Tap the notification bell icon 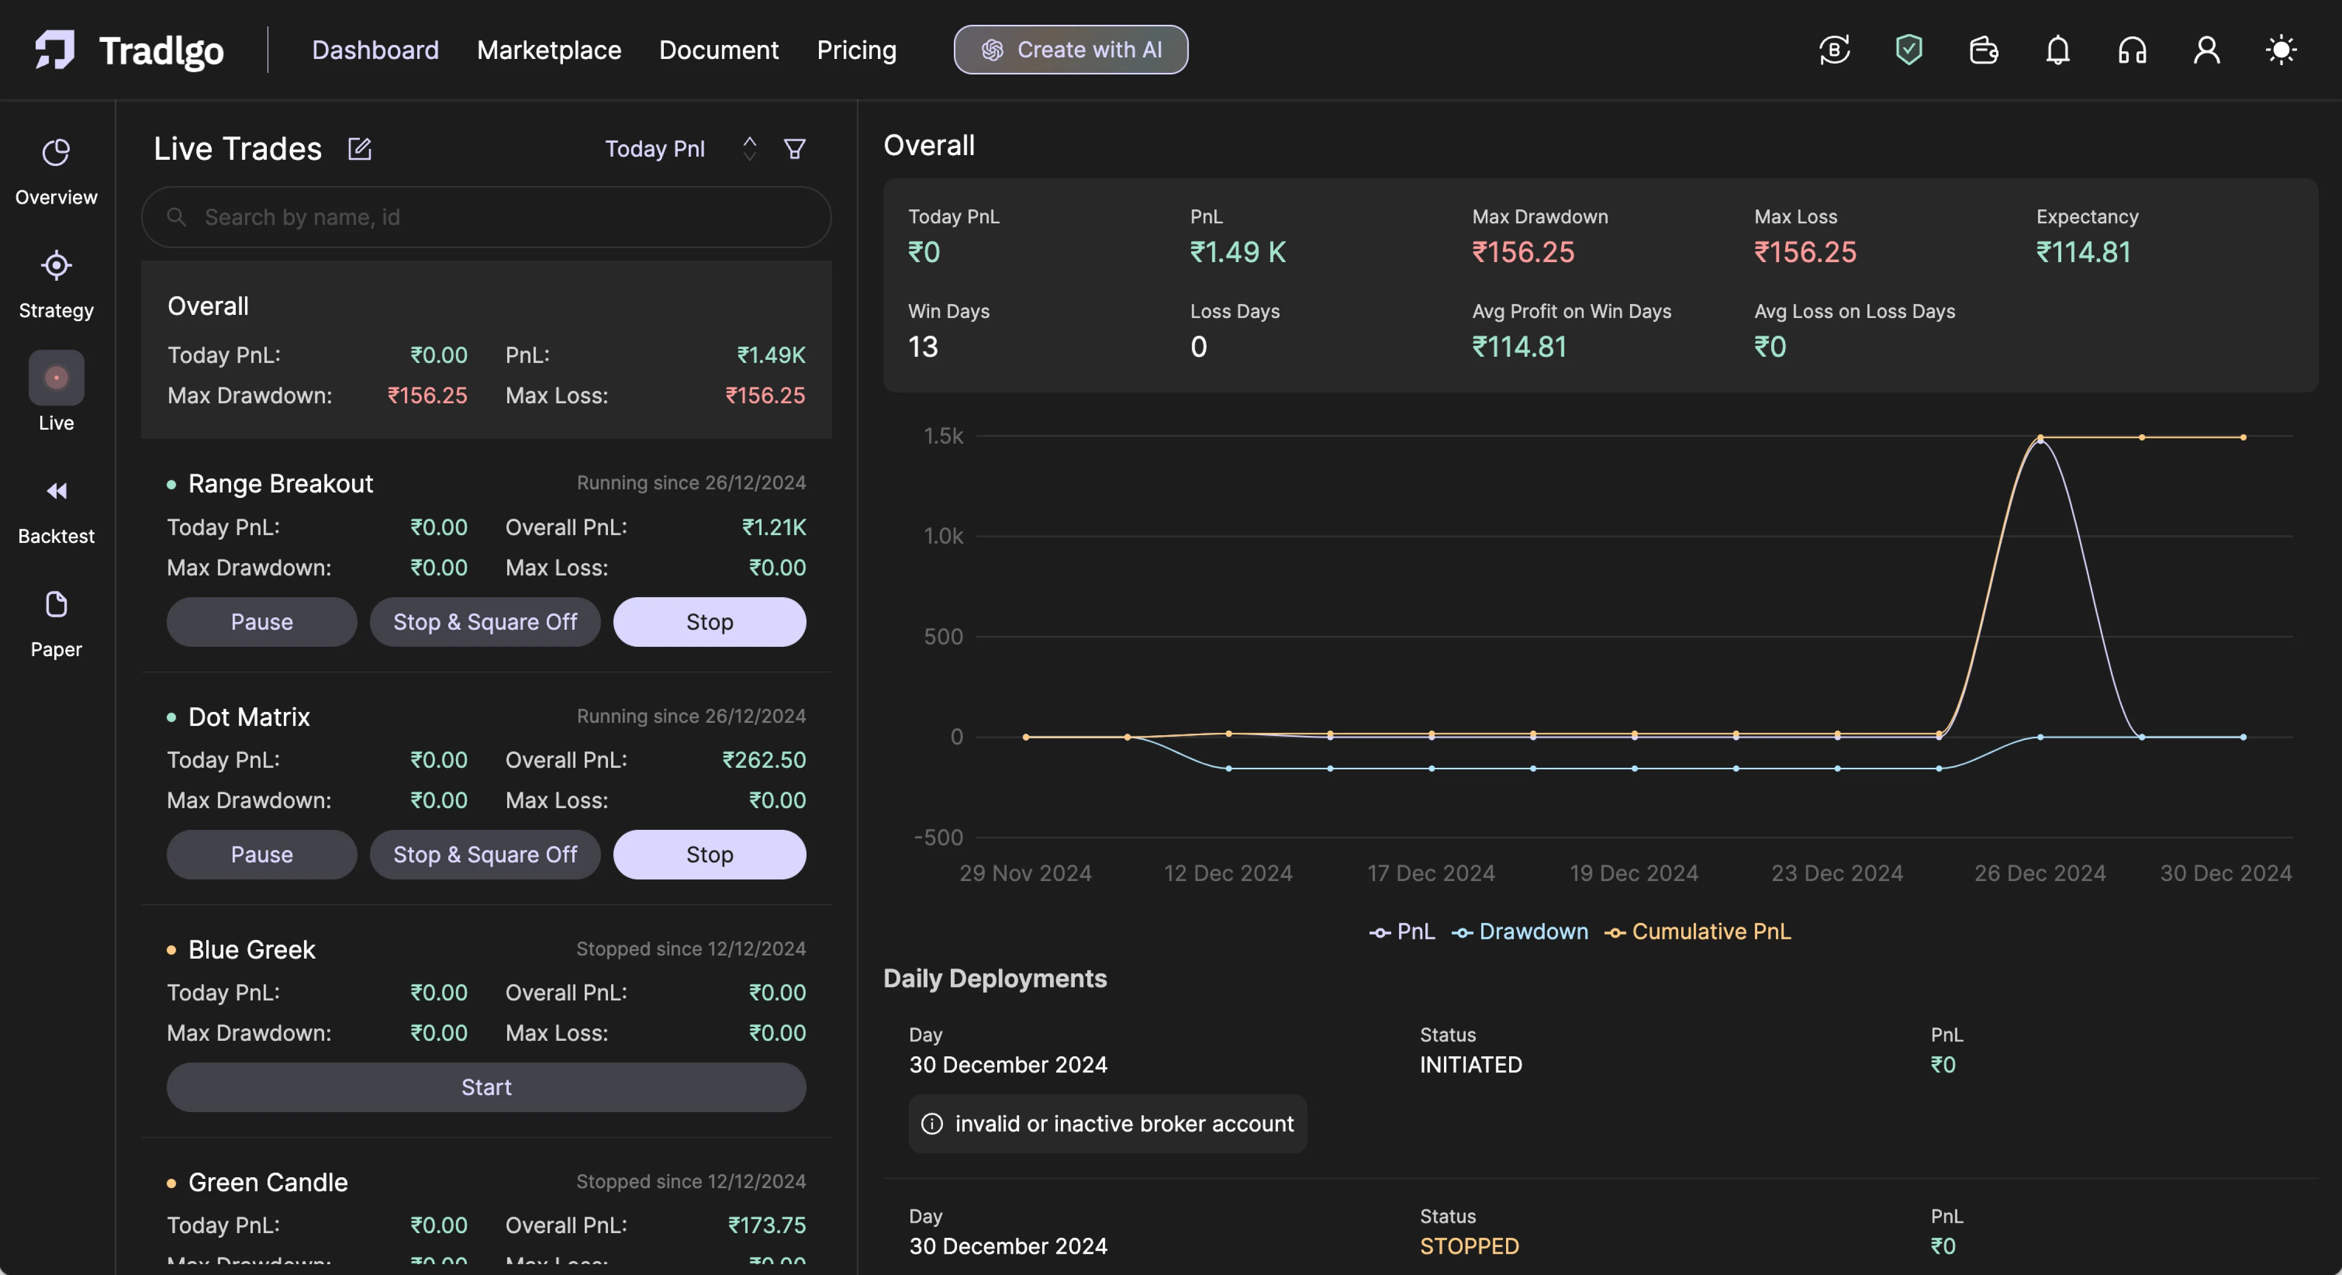pyautogui.click(x=2058, y=50)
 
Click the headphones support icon pyautogui.click(x=2132, y=50)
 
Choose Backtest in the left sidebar pyautogui.click(x=56, y=511)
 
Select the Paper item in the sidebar pyautogui.click(x=56, y=624)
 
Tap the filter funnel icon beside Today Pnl pyautogui.click(x=795, y=149)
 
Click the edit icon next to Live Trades pyautogui.click(x=360, y=149)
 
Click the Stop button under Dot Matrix pyautogui.click(x=709, y=855)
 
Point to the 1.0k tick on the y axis pyautogui.click(x=943, y=537)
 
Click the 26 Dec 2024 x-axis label pyautogui.click(x=2039, y=873)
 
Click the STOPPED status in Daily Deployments pyautogui.click(x=1469, y=1246)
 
